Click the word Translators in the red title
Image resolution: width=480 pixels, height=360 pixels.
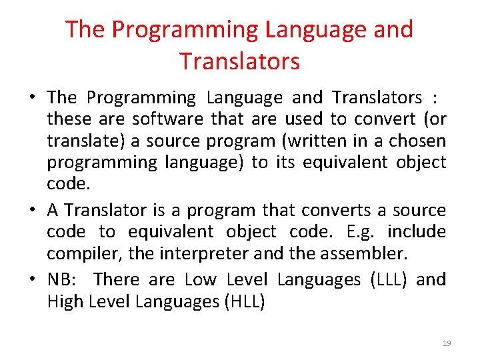coord(239,61)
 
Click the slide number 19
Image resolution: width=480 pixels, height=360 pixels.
coord(447,343)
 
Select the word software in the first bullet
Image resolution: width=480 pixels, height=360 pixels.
coord(169,119)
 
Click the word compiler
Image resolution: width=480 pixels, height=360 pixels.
coord(76,253)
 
